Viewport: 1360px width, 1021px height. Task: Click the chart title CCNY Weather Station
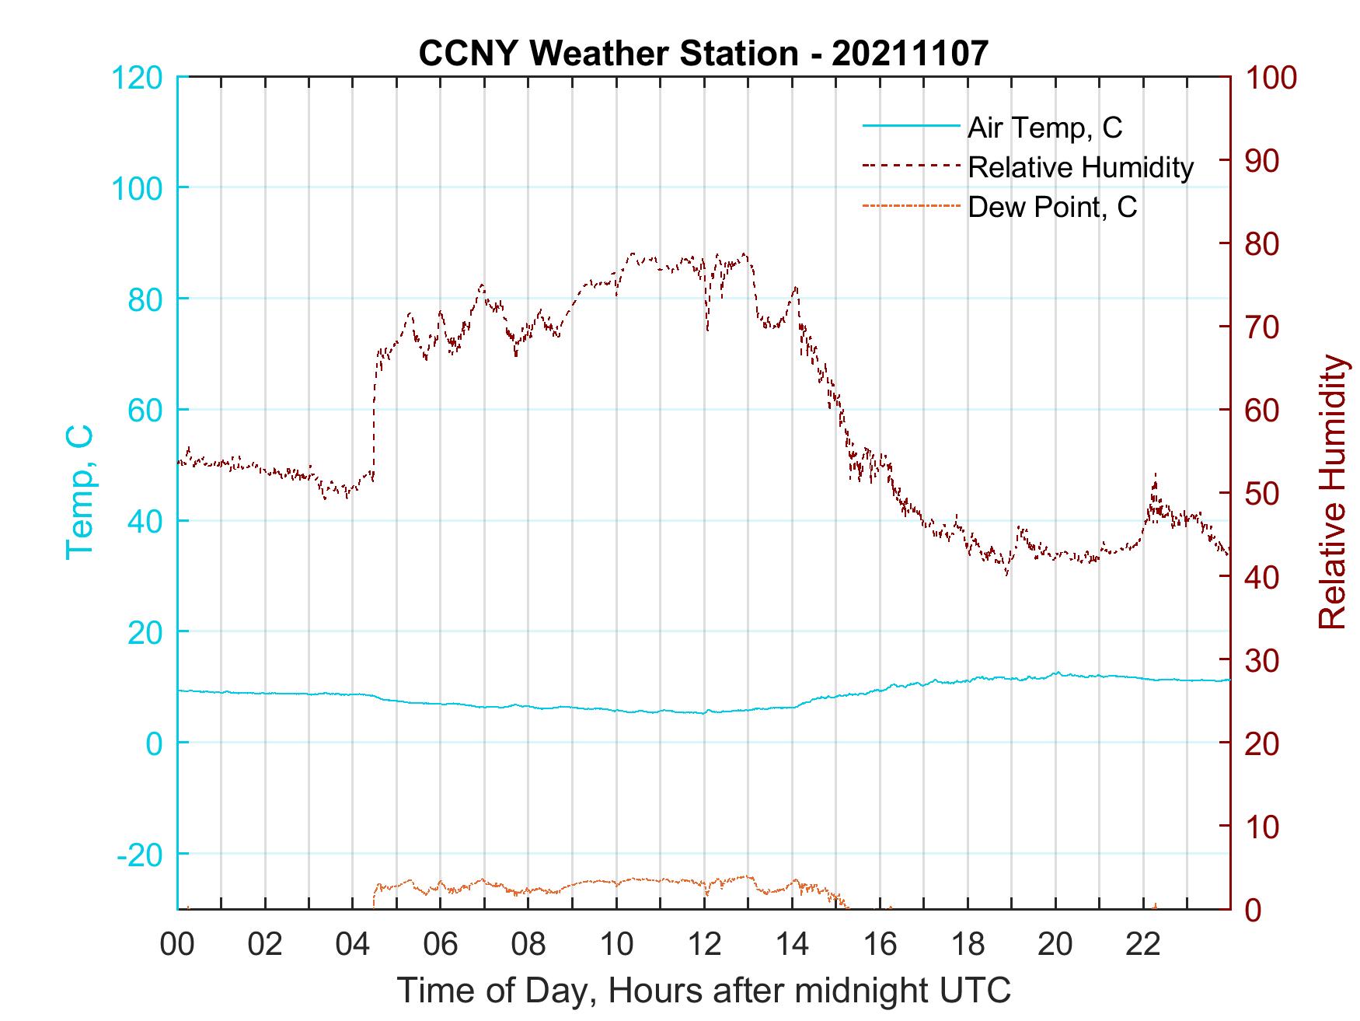[x=703, y=53]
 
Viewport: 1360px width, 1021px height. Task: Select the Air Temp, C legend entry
[x=1044, y=128]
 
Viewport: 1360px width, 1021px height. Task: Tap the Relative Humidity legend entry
[x=1080, y=167]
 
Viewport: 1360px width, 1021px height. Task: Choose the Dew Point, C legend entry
[x=1051, y=208]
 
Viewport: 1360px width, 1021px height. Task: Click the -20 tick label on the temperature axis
[x=140, y=854]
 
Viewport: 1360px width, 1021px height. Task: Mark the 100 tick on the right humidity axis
[x=1271, y=77]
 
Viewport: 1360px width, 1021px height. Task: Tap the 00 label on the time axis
[x=177, y=944]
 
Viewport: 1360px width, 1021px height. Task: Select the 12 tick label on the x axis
[x=704, y=944]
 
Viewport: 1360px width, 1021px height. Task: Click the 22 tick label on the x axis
[x=1143, y=944]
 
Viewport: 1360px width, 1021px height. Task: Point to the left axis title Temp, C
[x=79, y=491]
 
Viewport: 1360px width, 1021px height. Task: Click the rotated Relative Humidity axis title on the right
[x=1332, y=491]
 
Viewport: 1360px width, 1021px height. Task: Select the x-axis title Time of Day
[x=703, y=991]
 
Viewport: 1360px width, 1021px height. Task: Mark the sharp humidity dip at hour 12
[x=707, y=330]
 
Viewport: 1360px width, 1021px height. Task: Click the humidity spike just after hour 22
[x=1155, y=474]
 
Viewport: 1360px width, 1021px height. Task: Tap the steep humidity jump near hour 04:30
[x=375, y=412]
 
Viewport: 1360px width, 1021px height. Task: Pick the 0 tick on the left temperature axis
[x=154, y=743]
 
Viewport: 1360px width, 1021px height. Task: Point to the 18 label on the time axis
[x=968, y=944]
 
